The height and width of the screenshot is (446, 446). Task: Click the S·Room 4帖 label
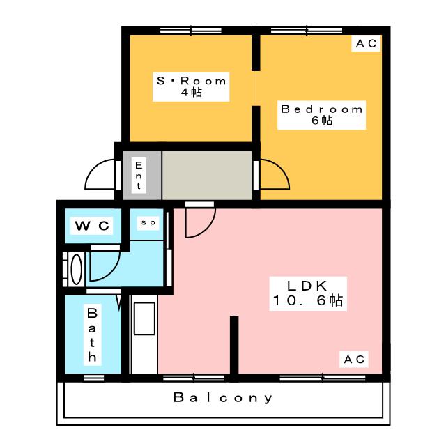pyautogui.click(x=191, y=86)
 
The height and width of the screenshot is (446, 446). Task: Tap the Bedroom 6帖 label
pyautogui.click(x=322, y=115)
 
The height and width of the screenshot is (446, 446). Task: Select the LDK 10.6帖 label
pyautogui.click(x=308, y=293)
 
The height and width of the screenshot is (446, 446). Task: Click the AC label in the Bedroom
pyautogui.click(x=367, y=43)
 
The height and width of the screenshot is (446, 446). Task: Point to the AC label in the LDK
pyautogui.click(x=354, y=360)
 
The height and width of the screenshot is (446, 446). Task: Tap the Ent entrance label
pyautogui.click(x=139, y=175)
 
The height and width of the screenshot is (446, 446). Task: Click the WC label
pyautogui.click(x=92, y=226)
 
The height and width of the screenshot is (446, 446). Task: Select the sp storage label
pyautogui.click(x=148, y=222)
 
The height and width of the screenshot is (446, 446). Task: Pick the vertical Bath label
pyautogui.click(x=92, y=334)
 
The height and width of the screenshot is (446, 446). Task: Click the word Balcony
pyautogui.click(x=223, y=397)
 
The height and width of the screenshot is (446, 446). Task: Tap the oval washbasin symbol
pyautogui.click(x=76, y=270)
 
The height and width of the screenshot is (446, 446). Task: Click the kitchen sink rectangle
pyautogui.click(x=144, y=318)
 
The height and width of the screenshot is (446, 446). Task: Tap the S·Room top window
pyautogui.click(x=191, y=31)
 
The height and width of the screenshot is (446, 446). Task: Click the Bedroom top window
pyautogui.click(x=307, y=31)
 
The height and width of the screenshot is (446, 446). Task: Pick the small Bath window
pyautogui.click(x=94, y=378)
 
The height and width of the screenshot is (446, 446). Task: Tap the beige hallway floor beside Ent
pyautogui.click(x=207, y=175)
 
